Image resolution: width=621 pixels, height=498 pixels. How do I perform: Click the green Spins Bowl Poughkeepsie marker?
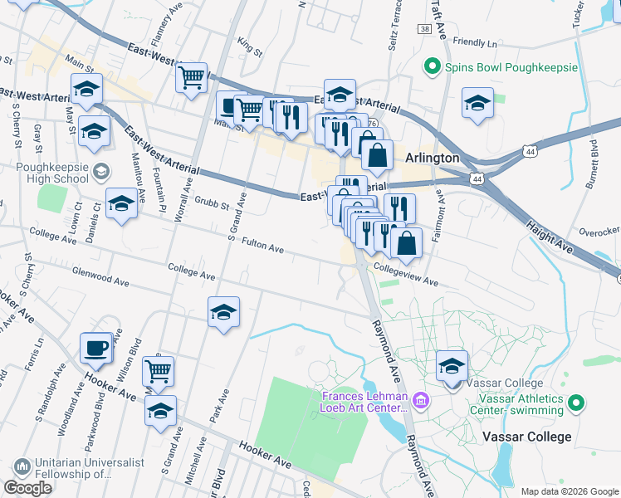point(432,66)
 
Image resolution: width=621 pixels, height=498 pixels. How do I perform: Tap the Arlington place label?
point(432,158)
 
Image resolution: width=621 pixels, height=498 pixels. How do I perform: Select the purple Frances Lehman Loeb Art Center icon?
point(420,402)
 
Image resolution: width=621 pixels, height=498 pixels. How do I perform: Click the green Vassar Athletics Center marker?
point(575,403)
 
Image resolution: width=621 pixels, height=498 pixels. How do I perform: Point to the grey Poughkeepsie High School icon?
point(101,172)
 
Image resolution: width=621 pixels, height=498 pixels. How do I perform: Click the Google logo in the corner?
point(27,488)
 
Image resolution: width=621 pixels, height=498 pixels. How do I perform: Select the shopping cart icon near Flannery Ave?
point(192,78)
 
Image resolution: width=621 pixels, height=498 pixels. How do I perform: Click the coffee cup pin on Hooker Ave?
point(96,347)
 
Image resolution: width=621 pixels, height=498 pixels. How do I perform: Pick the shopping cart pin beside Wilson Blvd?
point(158,370)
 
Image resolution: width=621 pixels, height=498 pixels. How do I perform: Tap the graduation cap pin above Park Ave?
point(223,312)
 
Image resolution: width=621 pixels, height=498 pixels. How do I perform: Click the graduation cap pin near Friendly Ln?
point(477,103)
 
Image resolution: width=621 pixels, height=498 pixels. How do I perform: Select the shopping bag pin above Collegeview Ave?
point(406,242)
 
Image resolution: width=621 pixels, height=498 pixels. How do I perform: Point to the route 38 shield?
point(424,29)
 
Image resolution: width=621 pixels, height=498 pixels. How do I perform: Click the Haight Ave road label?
point(550,235)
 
